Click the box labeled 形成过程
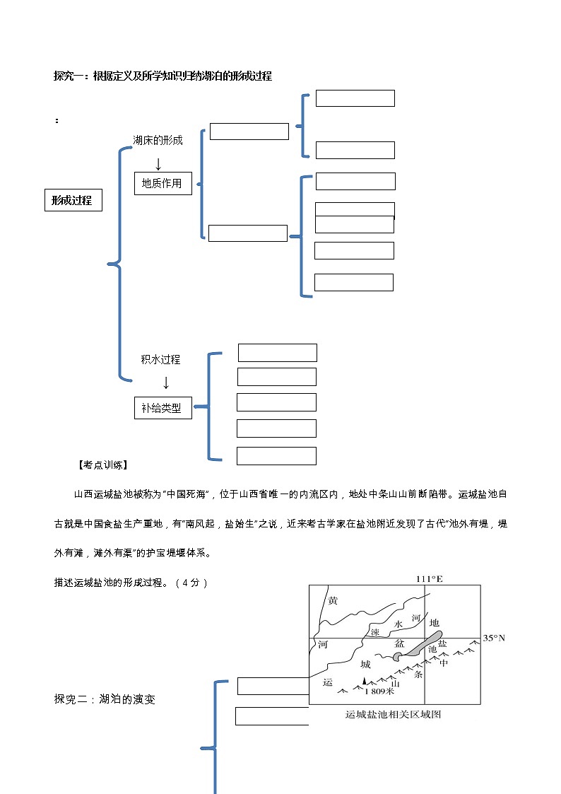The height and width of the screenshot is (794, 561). pyautogui.click(x=73, y=201)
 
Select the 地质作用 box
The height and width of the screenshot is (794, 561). pyautogui.click(x=163, y=183)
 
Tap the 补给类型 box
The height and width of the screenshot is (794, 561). pyautogui.click(x=163, y=408)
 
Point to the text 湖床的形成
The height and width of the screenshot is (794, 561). pyautogui.click(x=158, y=140)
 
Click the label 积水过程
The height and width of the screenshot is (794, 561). pyautogui.click(x=160, y=360)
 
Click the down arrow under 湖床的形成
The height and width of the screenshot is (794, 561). pyautogui.click(x=158, y=164)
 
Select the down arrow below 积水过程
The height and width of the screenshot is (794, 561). pyautogui.click(x=166, y=383)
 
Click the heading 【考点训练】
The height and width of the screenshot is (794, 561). pyautogui.click(x=102, y=465)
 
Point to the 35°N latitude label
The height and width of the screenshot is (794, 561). pyautogui.click(x=495, y=638)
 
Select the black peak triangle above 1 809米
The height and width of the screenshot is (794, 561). pyautogui.click(x=365, y=680)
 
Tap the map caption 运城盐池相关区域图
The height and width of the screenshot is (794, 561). pyautogui.click(x=394, y=714)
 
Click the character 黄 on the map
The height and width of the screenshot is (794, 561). pyautogui.click(x=333, y=601)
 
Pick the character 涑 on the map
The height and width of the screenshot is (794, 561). pyautogui.click(x=376, y=631)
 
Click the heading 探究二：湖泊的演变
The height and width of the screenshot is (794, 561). pyautogui.click(x=105, y=699)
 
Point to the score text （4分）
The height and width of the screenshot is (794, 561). pyautogui.click(x=191, y=583)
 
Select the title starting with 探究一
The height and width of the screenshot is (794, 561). pyautogui.click(x=163, y=76)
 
